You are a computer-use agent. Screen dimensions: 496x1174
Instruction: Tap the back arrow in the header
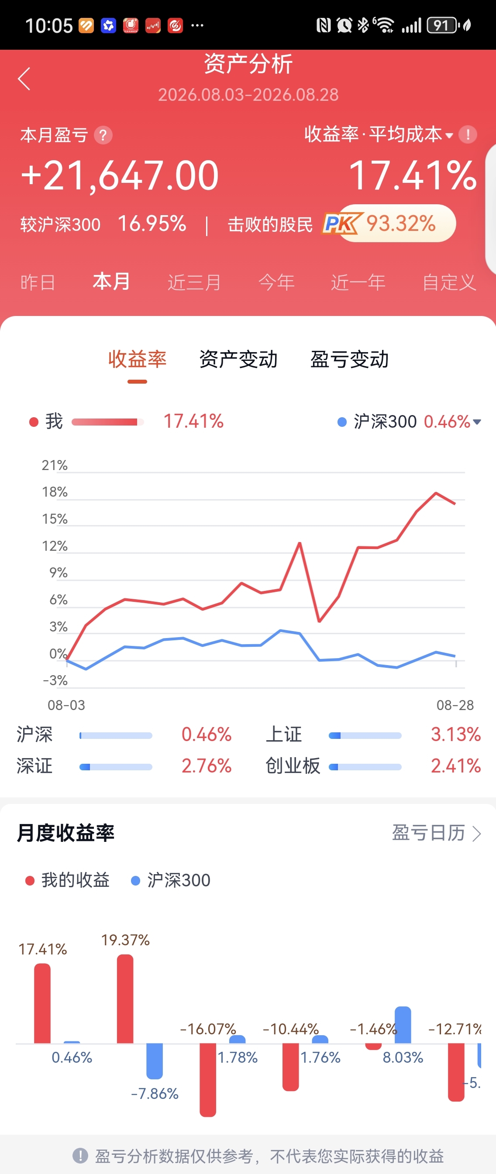(x=24, y=79)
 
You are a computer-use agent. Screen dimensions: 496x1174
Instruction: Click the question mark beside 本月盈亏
(x=103, y=135)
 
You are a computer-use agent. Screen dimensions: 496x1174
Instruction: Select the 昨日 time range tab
(x=38, y=282)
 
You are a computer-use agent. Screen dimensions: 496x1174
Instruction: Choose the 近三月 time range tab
(x=194, y=282)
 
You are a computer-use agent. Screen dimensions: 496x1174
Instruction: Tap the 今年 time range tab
(x=276, y=282)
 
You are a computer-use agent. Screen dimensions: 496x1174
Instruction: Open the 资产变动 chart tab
(x=238, y=359)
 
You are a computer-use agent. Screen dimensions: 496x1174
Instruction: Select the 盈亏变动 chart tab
(x=350, y=359)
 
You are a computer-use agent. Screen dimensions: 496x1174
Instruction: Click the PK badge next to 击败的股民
(x=342, y=223)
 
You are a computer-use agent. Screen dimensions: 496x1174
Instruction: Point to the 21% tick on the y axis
(x=55, y=465)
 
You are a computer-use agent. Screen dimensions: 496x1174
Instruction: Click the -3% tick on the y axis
(x=55, y=680)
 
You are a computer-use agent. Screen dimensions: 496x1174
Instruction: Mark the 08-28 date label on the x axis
(x=455, y=705)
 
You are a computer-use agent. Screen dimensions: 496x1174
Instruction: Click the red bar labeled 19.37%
(x=125, y=999)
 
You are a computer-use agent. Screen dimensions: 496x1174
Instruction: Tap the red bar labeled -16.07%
(x=208, y=1080)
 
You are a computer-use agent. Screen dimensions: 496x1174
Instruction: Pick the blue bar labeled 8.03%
(x=403, y=1024)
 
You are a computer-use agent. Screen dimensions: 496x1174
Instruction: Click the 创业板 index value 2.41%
(x=456, y=766)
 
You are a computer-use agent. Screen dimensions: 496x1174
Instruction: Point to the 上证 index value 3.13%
(x=456, y=734)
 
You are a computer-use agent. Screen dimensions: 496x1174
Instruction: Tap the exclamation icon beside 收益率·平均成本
(x=468, y=134)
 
